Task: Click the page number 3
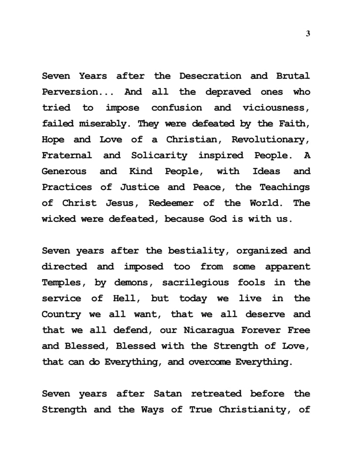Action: click(308, 34)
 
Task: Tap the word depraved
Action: click(228, 92)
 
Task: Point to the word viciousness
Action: click(276, 108)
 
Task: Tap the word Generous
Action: click(64, 171)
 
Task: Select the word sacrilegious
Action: click(195, 283)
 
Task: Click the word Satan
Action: click(168, 394)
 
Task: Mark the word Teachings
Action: click(285, 187)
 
